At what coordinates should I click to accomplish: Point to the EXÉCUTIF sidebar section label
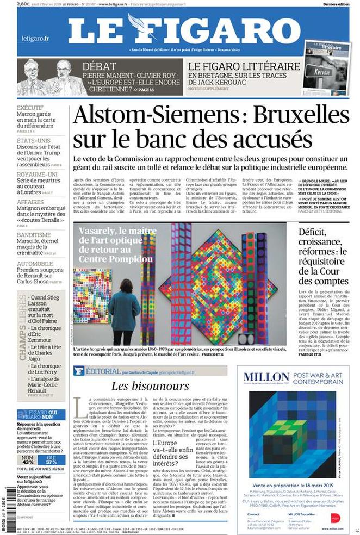tap(30, 108)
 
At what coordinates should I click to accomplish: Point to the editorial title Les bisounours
tap(150, 387)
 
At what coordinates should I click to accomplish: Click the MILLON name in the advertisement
tap(266, 377)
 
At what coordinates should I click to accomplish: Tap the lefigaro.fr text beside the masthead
tap(35, 38)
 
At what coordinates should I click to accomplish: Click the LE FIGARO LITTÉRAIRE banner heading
tap(244, 66)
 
